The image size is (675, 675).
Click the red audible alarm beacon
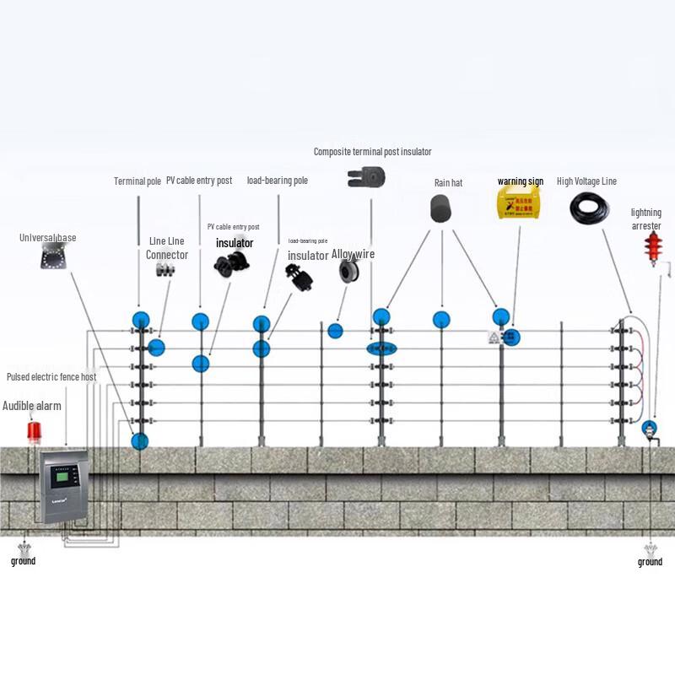point(34,431)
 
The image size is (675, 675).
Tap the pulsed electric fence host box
point(63,486)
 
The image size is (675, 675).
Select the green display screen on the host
point(62,478)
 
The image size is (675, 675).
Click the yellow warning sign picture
point(518,202)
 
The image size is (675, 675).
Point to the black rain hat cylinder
point(441,208)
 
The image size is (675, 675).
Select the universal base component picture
point(53,255)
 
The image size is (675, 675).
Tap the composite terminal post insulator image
point(366,177)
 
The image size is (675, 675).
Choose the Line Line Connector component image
point(165,270)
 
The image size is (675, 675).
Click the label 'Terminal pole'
point(138,181)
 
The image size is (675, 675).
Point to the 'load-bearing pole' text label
point(277,181)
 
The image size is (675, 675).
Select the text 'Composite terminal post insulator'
point(372,152)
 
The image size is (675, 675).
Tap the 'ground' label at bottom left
point(23,561)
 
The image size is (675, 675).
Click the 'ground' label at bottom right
point(650,562)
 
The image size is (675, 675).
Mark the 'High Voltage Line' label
point(586,181)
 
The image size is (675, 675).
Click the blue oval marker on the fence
point(381,348)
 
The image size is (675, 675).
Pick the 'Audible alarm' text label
point(32,406)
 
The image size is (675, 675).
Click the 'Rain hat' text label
point(448,182)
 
